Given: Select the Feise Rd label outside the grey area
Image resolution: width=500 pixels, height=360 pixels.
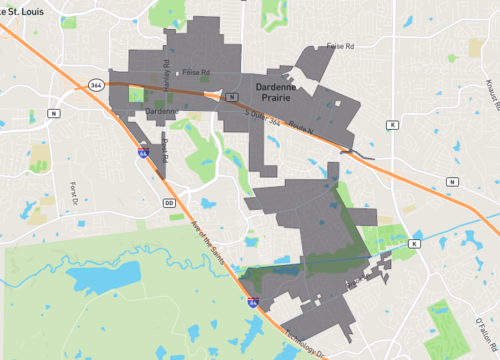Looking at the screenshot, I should point(343,46).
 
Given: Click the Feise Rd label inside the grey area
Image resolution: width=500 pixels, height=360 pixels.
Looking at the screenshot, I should point(196,72).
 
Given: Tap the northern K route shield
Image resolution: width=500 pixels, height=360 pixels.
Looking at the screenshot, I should point(393,124).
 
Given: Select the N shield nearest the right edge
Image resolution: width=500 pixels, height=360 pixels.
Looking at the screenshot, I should point(452,181).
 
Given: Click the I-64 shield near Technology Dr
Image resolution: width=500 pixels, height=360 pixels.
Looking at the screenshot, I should point(253,300).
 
